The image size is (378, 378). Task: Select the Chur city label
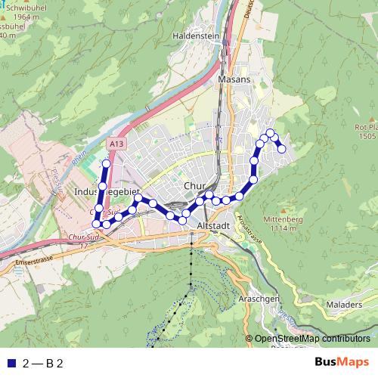(x=194, y=186)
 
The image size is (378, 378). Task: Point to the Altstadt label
(x=212, y=225)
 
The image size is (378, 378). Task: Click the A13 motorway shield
(x=116, y=142)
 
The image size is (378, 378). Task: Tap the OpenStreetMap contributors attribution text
(x=312, y=339)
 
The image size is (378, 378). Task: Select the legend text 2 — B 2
(x=43, y=363)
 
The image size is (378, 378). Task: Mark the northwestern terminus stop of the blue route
(x=106, y=163)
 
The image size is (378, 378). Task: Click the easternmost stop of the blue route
(x=282, y=149)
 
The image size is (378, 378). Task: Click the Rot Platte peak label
(x=367, y=131)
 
